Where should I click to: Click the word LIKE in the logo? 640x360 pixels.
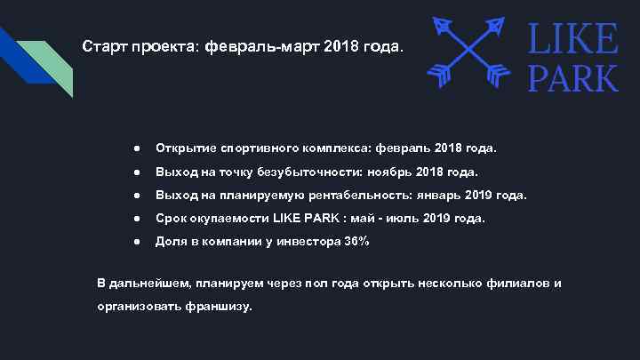[x=573, y=39]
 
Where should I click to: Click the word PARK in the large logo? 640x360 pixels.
[x=573, y=77]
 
